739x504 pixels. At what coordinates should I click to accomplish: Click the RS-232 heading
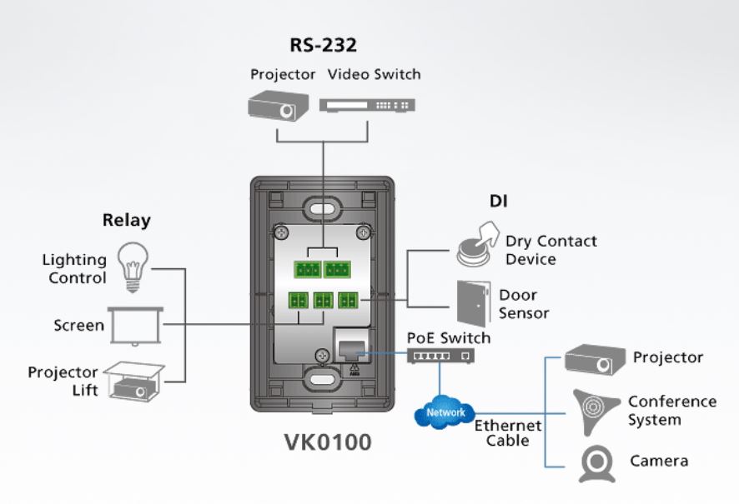click(323, 45)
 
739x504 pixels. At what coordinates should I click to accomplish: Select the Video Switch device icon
click(367, 106)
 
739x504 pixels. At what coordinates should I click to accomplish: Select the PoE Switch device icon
click(440, 356)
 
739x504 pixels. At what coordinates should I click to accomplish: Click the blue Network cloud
click(444, 412)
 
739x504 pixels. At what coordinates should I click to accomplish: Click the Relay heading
click(126, 221)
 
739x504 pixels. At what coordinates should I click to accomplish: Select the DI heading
click(499, 201)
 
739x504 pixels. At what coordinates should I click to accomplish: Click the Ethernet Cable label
click(508, 432)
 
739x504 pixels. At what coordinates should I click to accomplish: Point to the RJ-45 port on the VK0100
click(346, 342)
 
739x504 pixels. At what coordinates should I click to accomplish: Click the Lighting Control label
click(75, 269)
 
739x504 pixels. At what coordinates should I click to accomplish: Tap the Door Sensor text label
click(524, 304)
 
